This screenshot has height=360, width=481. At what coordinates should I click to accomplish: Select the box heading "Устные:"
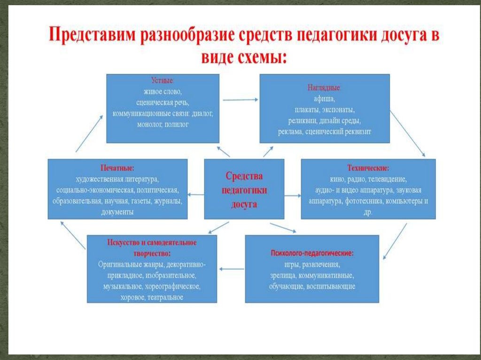tap(163, 80)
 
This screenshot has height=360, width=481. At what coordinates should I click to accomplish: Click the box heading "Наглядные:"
tap(325, 88)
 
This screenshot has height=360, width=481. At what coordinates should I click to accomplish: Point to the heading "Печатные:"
tap(117, 168)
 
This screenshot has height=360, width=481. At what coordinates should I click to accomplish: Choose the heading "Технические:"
tap(368, 168)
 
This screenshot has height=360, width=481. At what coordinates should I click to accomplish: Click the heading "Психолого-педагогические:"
tap(312, 253)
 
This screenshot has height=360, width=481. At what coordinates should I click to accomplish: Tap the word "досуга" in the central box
tap(244, 204)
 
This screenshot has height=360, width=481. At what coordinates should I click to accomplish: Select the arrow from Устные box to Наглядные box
tap(240, 100)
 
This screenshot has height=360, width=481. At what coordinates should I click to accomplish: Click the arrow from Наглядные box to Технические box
tap(407, 133)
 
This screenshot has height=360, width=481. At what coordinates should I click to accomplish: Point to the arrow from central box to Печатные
tap(196, 194)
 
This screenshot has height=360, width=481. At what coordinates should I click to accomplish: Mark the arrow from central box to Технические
tap(292, 194)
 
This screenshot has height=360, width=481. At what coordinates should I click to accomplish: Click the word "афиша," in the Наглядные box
tap(325, 99)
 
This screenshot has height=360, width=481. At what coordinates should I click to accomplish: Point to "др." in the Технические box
tap(368, 212)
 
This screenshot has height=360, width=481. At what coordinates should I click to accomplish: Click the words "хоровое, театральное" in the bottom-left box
tap(152, 298)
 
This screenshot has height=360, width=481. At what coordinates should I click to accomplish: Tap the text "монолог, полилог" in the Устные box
tap(163, 125)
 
